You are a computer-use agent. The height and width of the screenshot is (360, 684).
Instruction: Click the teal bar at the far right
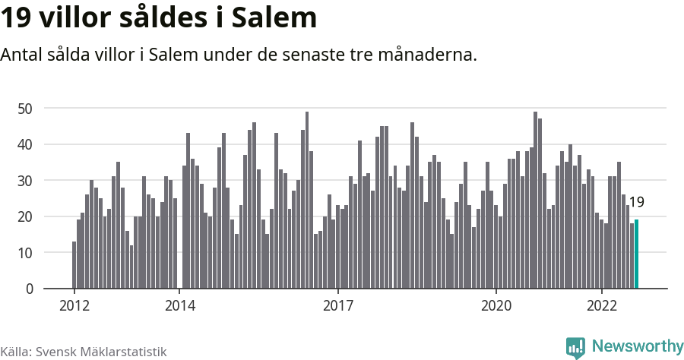coord(637,254)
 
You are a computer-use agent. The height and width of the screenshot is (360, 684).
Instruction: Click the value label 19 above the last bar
coord(637,202)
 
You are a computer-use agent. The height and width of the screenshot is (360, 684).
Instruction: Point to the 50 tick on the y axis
coord(25,109)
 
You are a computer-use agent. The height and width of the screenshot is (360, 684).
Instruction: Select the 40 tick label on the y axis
coord(25,144)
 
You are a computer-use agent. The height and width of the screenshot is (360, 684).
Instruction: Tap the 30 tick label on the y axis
coord(25,181)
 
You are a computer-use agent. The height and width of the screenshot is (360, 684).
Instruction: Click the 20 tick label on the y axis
coord(25,216)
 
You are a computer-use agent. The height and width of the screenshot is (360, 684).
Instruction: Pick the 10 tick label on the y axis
coord(25,253)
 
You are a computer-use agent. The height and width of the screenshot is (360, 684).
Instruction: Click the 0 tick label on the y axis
coord(29,289)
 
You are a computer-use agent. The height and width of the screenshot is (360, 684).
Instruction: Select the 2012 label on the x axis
coord(74,306)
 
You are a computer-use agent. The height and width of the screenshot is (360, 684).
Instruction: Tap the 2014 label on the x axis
coord(179,306)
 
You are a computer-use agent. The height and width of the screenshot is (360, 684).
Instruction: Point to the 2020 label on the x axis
coord(496,306)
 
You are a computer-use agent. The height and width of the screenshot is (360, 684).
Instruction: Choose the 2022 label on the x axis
coord(602,306)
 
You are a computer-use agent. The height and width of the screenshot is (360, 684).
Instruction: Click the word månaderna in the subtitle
coord(431,55)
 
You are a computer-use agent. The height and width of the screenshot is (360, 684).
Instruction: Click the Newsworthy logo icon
coord(575,347)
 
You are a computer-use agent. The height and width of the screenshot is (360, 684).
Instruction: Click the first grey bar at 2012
coord(74,265)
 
